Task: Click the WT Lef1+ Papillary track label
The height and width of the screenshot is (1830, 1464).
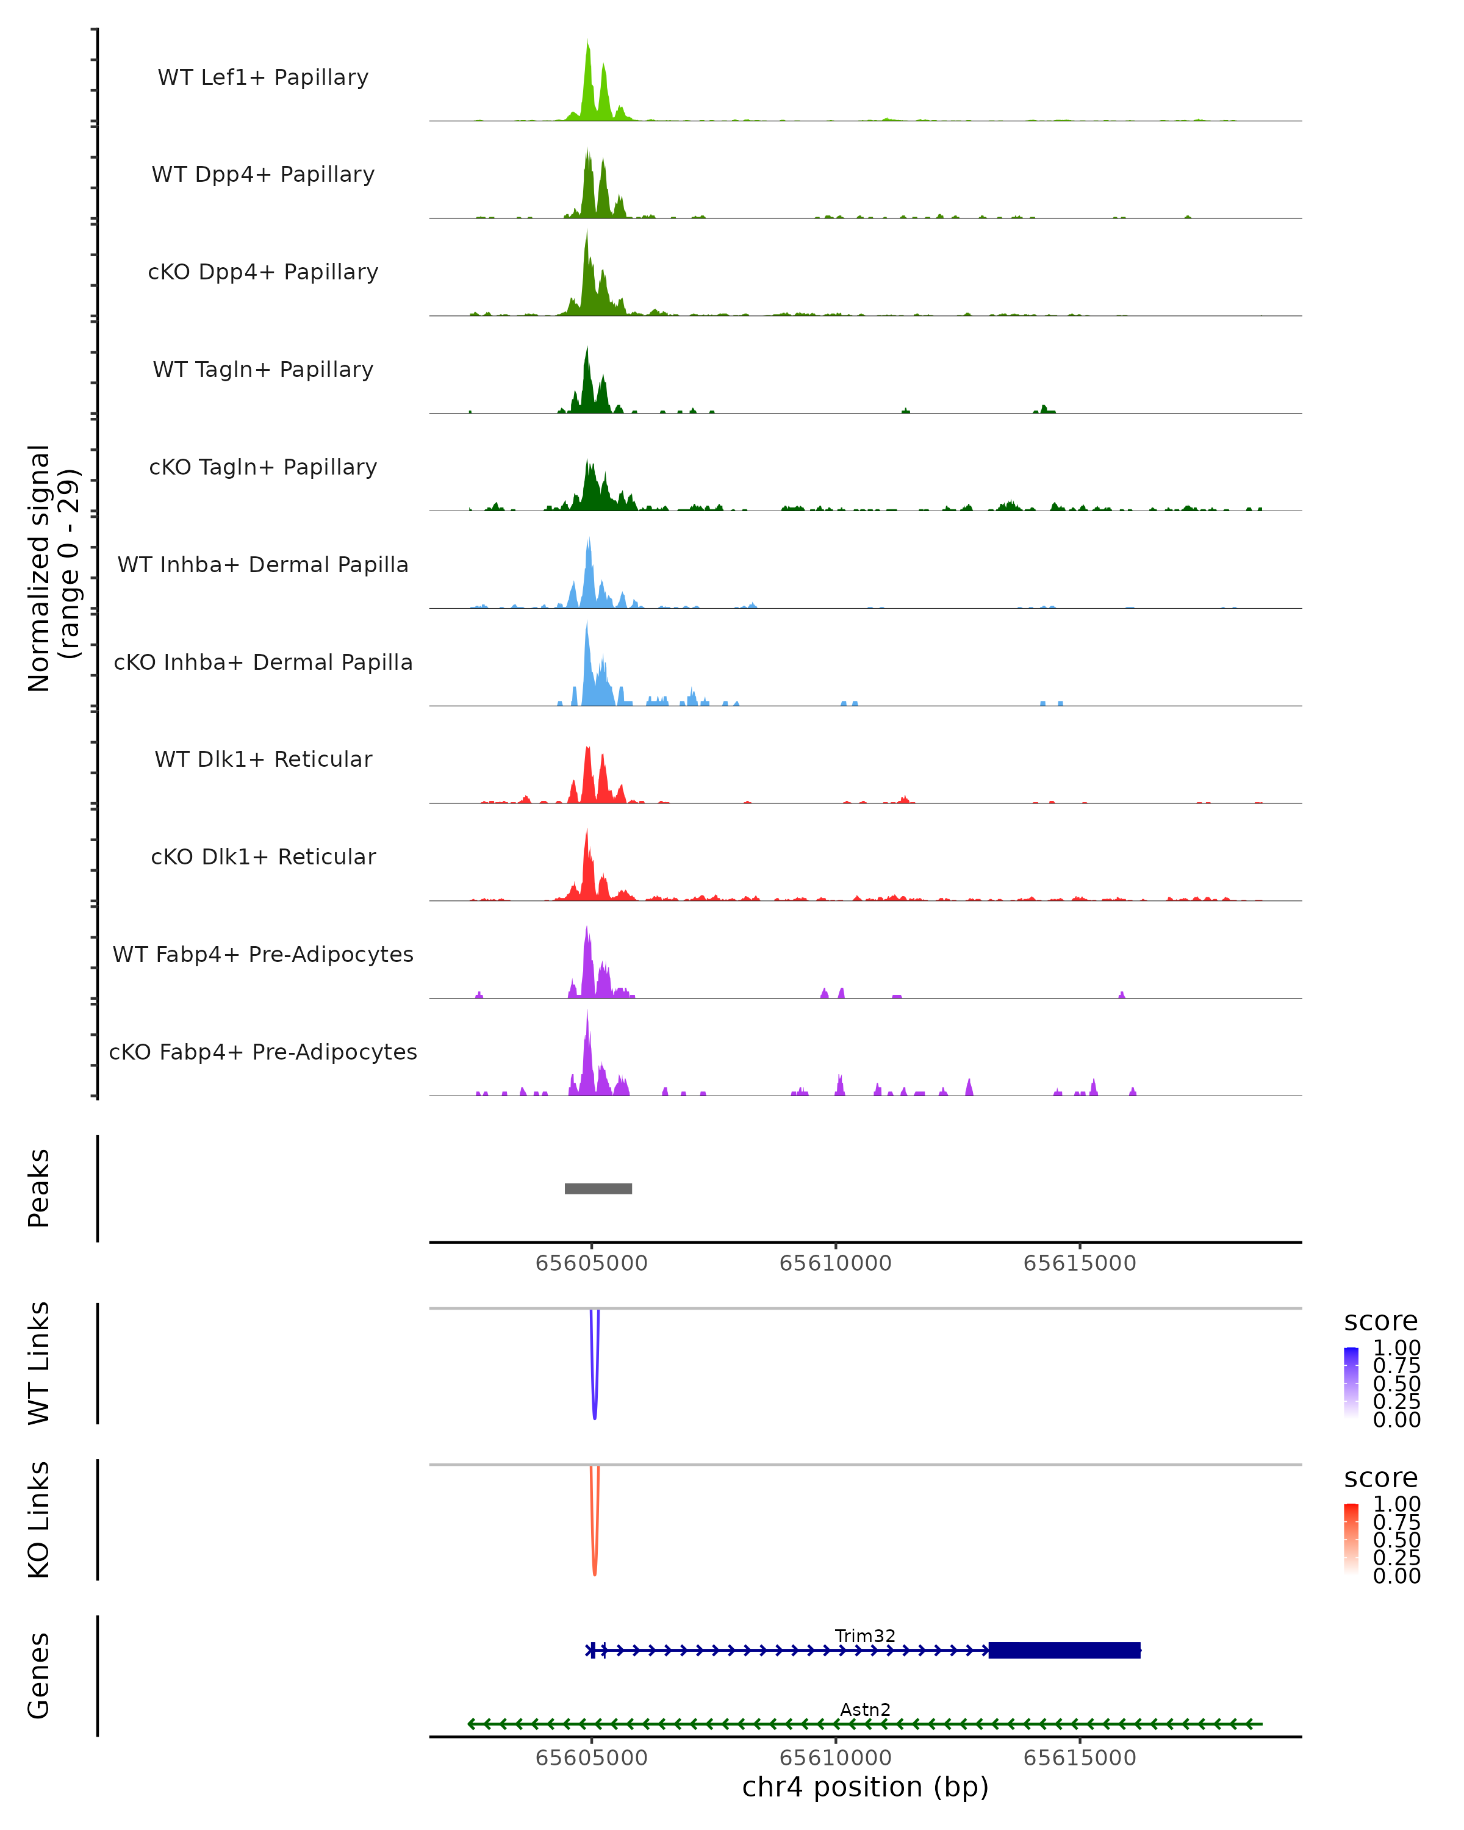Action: click(263, 77)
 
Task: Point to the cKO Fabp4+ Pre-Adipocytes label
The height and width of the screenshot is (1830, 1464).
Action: click(263, 1052)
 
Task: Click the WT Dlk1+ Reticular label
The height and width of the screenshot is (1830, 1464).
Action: click(263, 759)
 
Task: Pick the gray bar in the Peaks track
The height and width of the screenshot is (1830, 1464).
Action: click(598, 1188)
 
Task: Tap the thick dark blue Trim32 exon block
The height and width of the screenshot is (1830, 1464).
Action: click(1064, 1650)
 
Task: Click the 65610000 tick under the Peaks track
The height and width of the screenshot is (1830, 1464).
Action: click(835, 1263)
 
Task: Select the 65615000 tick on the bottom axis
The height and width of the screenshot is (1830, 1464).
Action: click(1080, 1758)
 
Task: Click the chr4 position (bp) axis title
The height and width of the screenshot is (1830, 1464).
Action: click(865, 1787)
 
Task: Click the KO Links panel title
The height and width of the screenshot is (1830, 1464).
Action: click(39, 1520)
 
